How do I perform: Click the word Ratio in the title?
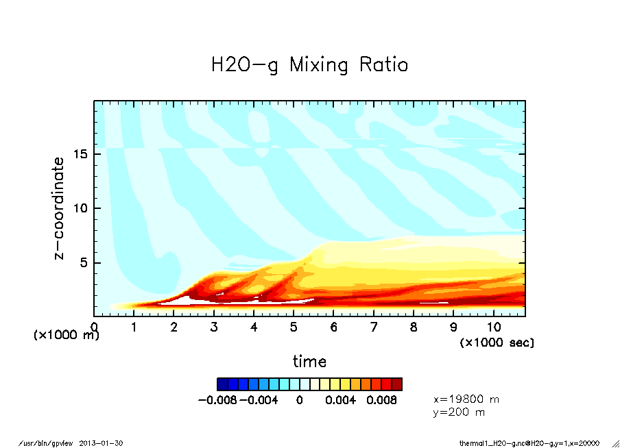pyautogui.click(x=381, y=65)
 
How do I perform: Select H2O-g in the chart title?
pyautogui.click(x=244, y=65)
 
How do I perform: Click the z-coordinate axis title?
pyautogui.click(x=60, y=208)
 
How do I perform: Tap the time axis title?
pyautogui.click(x=309, y=361)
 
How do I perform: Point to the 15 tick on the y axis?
pyautogui.click(x=82, y=153)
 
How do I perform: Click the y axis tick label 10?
pyautogui.click(x=82, y=208)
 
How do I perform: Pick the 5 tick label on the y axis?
pyautogui.click(x=85, y=262)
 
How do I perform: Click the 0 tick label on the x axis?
pyautogui.click(x=94, y=327)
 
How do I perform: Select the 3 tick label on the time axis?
pyautogui.click(x=214, y=327)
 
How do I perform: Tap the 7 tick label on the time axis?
pyautogui.click(x=374, y=327)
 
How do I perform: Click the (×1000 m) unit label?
pyautogui.click(x=67, y=336)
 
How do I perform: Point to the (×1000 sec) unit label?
pyautogui.click(x=497, y=342)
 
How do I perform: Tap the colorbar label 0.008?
pyautogui.click(x=382, y=400)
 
